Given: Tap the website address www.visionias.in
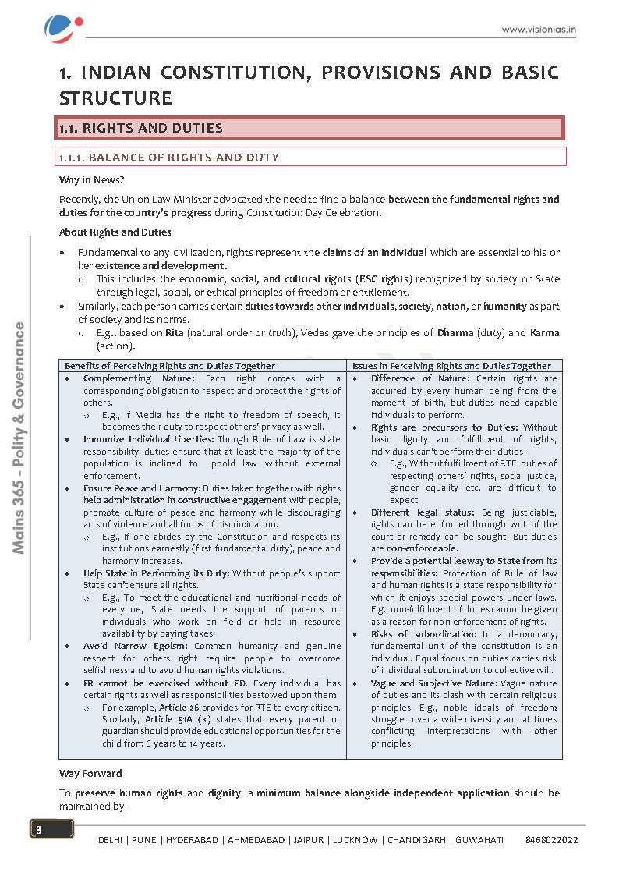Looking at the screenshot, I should (x=538, y=30).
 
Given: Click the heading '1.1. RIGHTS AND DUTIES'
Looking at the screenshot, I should (x=141, y=128).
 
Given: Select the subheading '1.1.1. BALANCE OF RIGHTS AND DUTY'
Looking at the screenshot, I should (x=168, y=158).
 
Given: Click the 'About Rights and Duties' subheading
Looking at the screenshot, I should (x=115, y=232).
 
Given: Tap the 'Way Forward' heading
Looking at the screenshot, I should (x=90, y=774).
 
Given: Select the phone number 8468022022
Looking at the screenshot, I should (x=551, y=840).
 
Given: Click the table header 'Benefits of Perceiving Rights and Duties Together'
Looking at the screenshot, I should (x=169, y=365).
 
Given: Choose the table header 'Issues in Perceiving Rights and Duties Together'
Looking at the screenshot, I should (x=451, y=365).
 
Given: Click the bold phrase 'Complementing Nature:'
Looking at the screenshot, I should (x=129, y=378).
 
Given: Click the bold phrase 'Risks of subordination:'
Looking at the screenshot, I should (x=419, y=633).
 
